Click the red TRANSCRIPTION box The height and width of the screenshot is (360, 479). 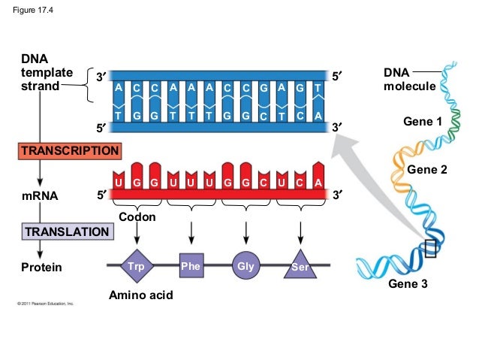[x=70, y=150]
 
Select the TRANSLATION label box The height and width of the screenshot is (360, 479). [x=67, y=231]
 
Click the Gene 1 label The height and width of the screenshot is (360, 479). [x=423, y=121]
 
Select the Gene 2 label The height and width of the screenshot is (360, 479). [x=427, y=171]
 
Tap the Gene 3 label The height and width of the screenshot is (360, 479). [x=407, y=285]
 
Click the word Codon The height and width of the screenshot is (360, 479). [x=137, y=217]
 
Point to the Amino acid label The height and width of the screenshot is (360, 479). [x=141, y=295]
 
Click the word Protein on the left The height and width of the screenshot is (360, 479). [x=42, y=268]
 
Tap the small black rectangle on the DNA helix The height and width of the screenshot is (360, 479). [x=429, y=249]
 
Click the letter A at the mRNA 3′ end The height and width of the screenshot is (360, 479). [x=318, y=183]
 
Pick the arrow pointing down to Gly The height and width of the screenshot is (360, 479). [x=246, y=231]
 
